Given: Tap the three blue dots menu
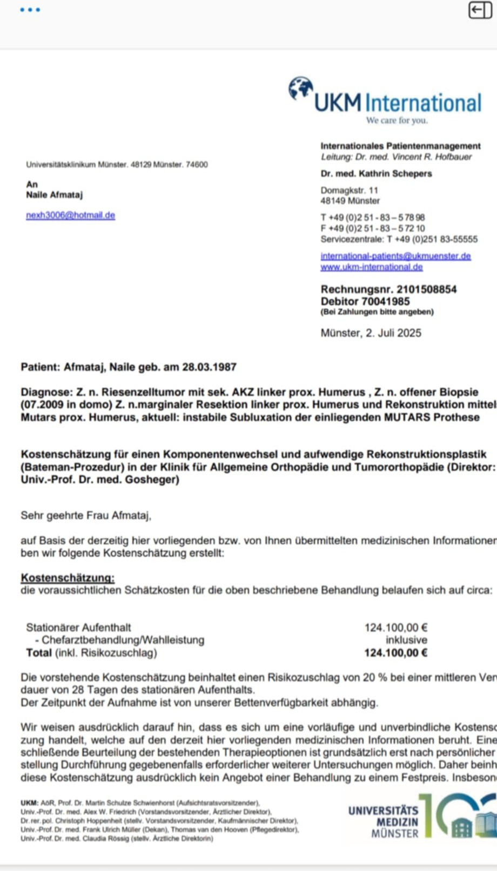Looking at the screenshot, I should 30,10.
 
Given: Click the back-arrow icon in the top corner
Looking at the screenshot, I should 480,10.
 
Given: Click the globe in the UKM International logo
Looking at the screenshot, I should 300,88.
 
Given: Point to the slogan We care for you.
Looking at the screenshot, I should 397,120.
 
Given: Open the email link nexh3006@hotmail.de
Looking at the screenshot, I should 70,215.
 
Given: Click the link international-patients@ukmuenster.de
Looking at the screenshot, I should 395,255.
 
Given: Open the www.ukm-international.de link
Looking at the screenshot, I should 371,267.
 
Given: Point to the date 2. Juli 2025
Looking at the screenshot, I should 393,333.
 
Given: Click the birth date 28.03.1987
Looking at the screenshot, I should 209,367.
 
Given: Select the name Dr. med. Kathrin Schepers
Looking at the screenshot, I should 376,173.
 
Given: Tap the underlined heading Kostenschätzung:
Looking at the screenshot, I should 68,578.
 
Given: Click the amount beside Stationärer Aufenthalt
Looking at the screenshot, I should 395,627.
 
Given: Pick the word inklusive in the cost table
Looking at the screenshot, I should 406,640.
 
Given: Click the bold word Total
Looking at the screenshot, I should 39,653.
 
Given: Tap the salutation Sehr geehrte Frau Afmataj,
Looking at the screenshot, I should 86,515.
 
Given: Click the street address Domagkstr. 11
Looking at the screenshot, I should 349,190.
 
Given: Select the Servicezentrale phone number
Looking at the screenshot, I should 432,239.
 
